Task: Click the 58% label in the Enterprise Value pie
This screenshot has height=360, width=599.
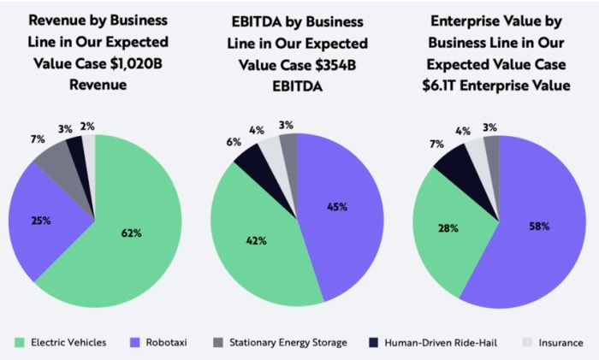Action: (x=539, y=226)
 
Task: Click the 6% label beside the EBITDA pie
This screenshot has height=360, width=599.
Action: (x=234, y=143)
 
